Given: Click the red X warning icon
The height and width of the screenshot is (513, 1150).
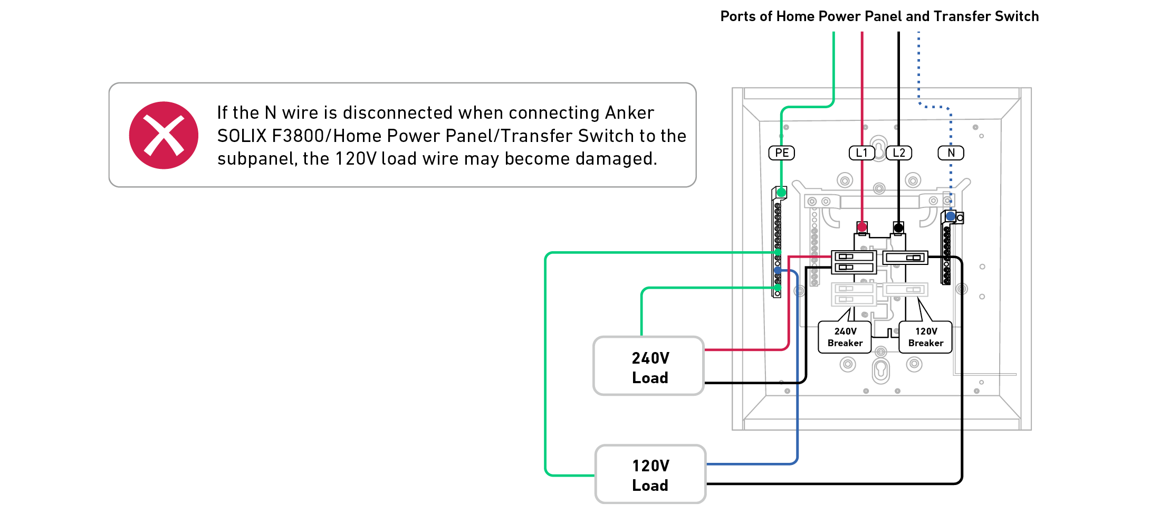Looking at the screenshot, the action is [x=164, y=135].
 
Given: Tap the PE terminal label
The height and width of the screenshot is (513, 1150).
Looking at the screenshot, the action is [x=782, y=153].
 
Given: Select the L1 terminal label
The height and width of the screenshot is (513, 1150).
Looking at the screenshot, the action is [x=862, y=153].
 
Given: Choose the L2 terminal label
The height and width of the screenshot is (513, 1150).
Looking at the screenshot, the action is [x=899, y=153].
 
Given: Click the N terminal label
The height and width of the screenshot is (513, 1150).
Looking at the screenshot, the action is [x=951, y=153].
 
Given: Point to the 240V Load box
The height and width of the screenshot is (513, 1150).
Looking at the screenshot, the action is [x=649, y=366].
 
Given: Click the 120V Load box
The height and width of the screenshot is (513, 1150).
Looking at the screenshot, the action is [x=650, y=474].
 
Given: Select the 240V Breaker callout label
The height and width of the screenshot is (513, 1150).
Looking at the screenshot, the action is [x=845, y=337].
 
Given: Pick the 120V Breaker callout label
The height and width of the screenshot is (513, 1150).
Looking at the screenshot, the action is [x=926, y=337].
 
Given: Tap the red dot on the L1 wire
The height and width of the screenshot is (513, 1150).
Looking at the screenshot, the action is [x=862, y=227].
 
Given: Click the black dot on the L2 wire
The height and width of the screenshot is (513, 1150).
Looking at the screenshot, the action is [x=898, y=228].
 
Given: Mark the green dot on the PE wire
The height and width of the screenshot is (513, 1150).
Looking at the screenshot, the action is [x=781, y=193].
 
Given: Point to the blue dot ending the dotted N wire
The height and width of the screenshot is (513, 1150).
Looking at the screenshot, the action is [x=951, y=216].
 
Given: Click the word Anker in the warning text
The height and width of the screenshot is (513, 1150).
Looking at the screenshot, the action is [x=629, y=113].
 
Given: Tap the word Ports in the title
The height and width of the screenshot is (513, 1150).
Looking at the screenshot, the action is [x=738, y=16].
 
